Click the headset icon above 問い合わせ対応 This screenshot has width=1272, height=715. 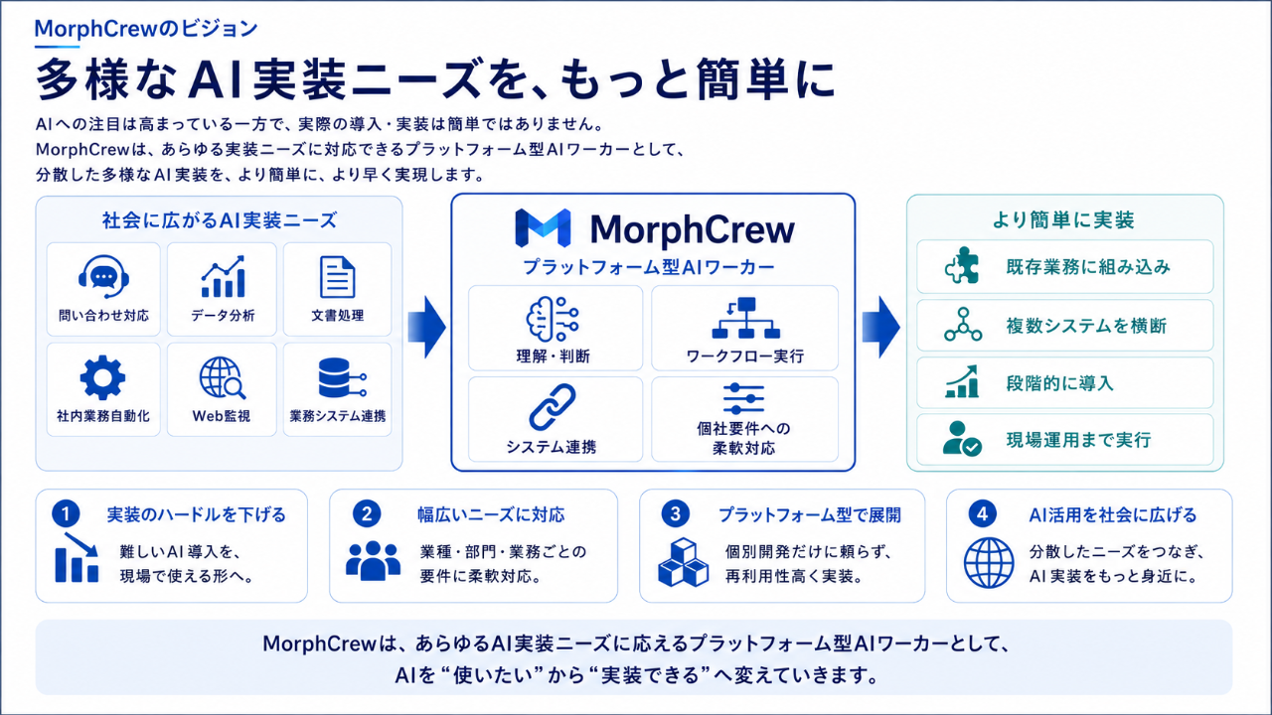[x=103, y=276]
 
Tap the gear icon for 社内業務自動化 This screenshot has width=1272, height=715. [x=102, y=377]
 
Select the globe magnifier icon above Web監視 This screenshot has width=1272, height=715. [x=222, y=378]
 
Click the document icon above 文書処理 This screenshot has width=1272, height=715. [x=337, y=277]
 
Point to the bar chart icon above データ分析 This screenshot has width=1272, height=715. [x=223, y=276]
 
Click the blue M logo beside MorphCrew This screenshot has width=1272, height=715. [x=543, y=228]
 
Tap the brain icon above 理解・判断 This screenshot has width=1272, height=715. [x=552, y=319]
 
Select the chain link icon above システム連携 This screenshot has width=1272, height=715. [x=552, y=407]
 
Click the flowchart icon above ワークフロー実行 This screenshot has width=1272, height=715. [x=745, y=318]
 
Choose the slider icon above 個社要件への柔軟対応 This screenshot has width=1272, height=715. [x=743, y=398]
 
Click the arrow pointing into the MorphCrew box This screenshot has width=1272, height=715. [x=427, y=327]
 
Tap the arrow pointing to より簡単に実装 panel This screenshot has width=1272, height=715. [x=880, y=327]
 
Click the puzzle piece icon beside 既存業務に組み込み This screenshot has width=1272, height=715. [x=962, y=265]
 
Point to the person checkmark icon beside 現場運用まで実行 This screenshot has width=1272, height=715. [x=962, y=439]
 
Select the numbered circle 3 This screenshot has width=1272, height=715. [x=675, y=514]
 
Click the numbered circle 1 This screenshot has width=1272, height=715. [x=66, y=514]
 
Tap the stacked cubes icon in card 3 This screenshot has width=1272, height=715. [x=683, y=562]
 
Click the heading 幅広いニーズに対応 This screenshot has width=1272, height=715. [x=491, y=514]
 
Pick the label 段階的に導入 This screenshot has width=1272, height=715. [x=1059, y=383]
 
